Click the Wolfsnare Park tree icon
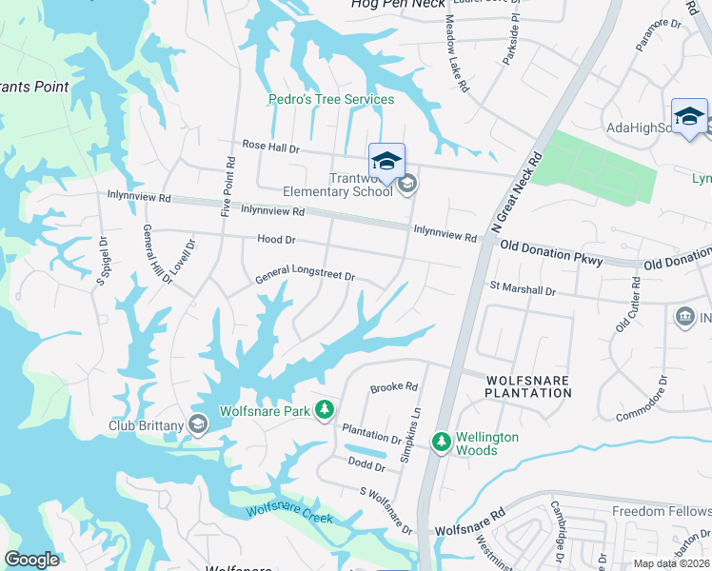[x=325, y=409]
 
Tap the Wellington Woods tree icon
[x=441, y=442]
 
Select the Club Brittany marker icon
[x=198, y=423]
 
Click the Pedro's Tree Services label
[x=331, y=99]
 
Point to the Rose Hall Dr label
[x=270, y=148]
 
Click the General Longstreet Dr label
[x=305, y=277]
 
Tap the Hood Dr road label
[x=276, y=241]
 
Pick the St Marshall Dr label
[x=522, y=288]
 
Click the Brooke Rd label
[x=394, y=387]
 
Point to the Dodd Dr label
[x=366, y=466]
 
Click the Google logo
[x=31, y=560]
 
